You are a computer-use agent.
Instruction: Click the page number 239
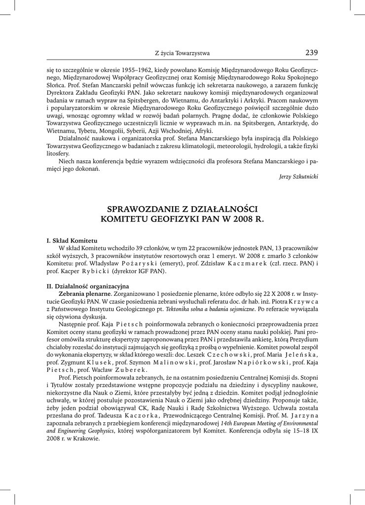(x=312, y=53)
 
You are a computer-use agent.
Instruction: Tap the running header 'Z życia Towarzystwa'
(x=182, y=53)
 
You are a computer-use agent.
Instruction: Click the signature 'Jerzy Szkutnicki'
(x=298, y=176)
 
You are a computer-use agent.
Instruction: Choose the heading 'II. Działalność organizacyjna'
(x=87, y=286)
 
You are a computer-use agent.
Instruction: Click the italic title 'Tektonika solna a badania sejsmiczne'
(x=211, y=309)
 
